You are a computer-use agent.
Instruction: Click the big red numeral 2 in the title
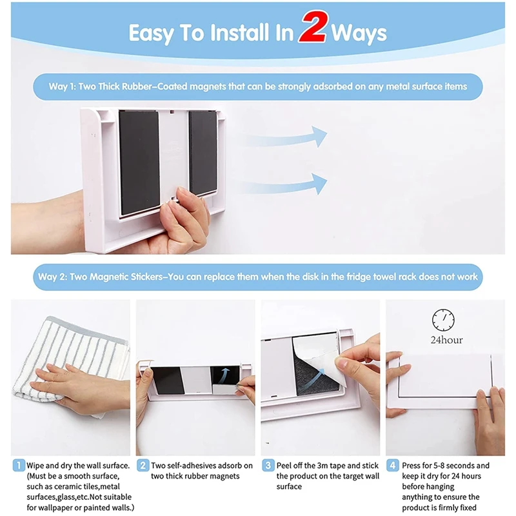pyautogui.click(x=314, y=27)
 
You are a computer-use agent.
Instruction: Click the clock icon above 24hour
pyautogui.click(x=443, y=319)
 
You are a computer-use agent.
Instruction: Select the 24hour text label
pyautogui.click(x=446, y=340)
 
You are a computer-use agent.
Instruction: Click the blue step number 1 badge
pyautogui.click(x=19, y=465)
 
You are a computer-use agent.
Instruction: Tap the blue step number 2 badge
pyautogui.click(x=143, y=465)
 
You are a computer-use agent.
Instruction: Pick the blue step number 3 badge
pyautogui.click(x=268, y=465)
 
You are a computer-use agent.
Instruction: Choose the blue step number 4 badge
pyautogui.click(x=393, y=465)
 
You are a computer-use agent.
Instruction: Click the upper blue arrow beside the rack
pyautogui.click(x=286, y=137)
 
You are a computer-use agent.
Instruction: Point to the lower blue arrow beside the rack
pyautogui.click(x=286, y=185)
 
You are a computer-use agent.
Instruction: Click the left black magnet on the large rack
pyautogui.click(x=139, y=163)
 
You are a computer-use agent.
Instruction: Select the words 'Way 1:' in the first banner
pyautogui.click(x=63, y=86)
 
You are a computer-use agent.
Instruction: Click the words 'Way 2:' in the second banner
pyautogui.click(x=52, y=277)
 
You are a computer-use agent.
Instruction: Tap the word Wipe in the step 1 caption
pyautogui.click(x=35, y=466)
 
